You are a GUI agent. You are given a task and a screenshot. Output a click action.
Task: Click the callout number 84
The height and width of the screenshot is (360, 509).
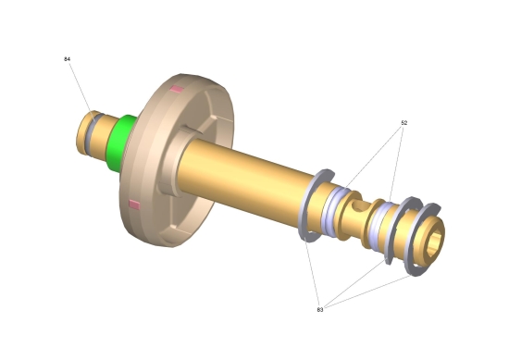[67, 59]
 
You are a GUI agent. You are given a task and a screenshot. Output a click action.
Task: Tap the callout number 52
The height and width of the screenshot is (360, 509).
[403, 123]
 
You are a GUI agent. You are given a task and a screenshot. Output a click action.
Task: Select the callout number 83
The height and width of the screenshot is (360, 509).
[320, 310]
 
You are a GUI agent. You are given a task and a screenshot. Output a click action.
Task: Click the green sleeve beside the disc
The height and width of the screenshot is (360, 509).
[119, 143]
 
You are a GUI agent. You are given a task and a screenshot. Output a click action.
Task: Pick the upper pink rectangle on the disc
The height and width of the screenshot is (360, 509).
[178, 89]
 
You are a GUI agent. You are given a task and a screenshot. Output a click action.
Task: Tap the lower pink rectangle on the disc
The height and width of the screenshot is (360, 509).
[134, 205]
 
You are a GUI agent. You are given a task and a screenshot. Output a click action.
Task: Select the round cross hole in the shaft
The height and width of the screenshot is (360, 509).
[357, 205]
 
